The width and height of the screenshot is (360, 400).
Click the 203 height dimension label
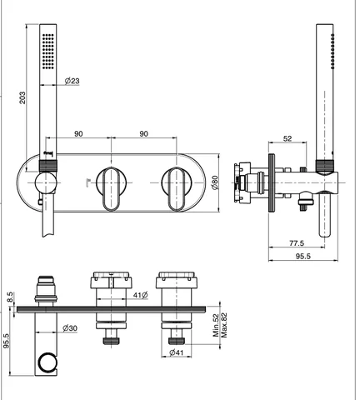pyautogui.click(x=22, y=97)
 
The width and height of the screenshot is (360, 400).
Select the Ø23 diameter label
pyautogui.click(x=72, y=81)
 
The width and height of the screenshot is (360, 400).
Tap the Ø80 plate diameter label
pyautogui.click(x=215, y=182)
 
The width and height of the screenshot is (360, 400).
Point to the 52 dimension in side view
pyautogui.click(x=287, y=138)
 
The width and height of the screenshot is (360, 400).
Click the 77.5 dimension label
pyautogui.click(x=297, y=243)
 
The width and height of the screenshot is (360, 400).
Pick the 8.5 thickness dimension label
pyautogui.click(x=9, y=297)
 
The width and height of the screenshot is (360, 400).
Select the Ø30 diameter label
pyautogui.click(x=70, y=328)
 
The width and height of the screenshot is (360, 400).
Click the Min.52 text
pyautogui.click(x=216, y=325)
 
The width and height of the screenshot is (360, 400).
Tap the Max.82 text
pyautogui.click(x=224, y=325)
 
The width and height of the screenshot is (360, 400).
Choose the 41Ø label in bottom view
pyautogui.click(x=140, y=295)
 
